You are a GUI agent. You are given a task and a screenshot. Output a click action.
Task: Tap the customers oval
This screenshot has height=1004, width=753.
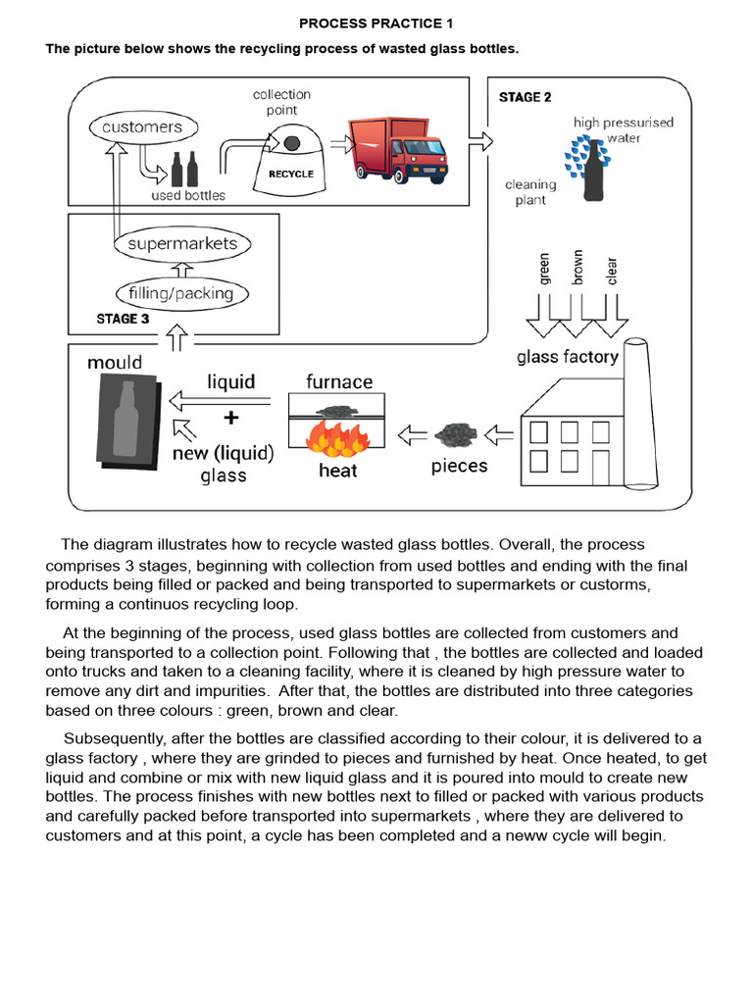pyautogui.click(x=142, y=127)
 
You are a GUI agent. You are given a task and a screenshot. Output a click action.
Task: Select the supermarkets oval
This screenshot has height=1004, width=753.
pyautogui.click(x=182, y=243)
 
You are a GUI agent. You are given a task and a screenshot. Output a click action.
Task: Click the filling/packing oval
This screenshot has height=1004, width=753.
pyautogui.click(x=181, y=293)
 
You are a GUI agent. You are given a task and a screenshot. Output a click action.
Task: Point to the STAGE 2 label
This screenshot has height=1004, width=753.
pyautogui.click(x=525, y=97)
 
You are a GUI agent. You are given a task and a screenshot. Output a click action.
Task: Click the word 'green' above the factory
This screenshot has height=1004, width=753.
pyautogui.click(x=544, y=269)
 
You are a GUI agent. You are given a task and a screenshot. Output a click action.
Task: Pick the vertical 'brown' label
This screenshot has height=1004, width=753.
pyautogui.click(x=577, y=267)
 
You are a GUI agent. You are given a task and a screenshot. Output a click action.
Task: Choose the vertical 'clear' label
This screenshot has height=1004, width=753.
pyautogui.click(x=612, y=270)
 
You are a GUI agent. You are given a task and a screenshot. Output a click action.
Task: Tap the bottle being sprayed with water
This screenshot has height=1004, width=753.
pyautogui.click(x=594, y=173)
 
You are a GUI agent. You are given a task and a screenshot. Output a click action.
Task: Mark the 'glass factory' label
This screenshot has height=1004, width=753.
pyautogui.click(x=568, y=357)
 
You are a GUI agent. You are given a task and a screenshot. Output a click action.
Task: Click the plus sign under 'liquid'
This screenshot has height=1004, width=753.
pyautogui.click(x=230, y=418)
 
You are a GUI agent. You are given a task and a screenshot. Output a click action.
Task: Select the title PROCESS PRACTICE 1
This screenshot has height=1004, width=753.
pyautogui.click(x=376, y=23)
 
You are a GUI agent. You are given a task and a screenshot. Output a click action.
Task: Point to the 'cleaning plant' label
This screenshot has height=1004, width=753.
pyautogui.click(x=530, y=192)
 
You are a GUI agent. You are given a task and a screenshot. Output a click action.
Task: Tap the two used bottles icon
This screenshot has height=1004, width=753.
pyautogui.click(x=184, y=170)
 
